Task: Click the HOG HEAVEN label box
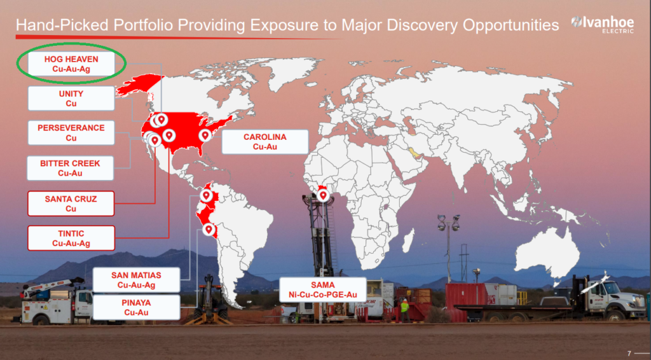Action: (71, 64)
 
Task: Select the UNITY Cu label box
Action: (71, 99)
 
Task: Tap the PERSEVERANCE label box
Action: (71, 133)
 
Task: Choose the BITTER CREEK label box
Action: (70, 168)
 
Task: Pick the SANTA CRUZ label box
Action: (71, 204)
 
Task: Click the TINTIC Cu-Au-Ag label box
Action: (71, 239)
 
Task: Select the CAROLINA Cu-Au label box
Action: (265, 142)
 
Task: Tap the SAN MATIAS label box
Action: (136, 280)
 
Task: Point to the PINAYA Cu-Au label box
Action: (136, 307)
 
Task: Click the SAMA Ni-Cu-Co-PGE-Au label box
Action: (322, 290)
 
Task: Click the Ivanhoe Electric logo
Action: (603, 24)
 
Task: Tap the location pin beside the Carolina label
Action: (205, 135)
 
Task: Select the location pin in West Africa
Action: (323, 195)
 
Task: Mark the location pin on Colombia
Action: (207, 195)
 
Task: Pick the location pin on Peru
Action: (209, 229)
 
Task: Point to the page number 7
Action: (629, 354)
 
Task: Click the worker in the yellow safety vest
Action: (404, 310)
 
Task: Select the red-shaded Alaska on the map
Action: (139, 85)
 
